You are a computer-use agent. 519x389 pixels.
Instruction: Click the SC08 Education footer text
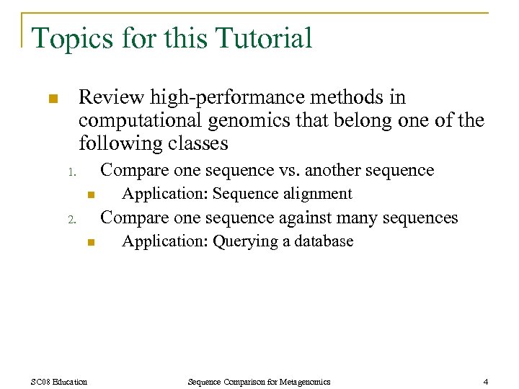tap(60, 381)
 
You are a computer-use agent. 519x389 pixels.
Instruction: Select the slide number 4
tap(486, 381)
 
